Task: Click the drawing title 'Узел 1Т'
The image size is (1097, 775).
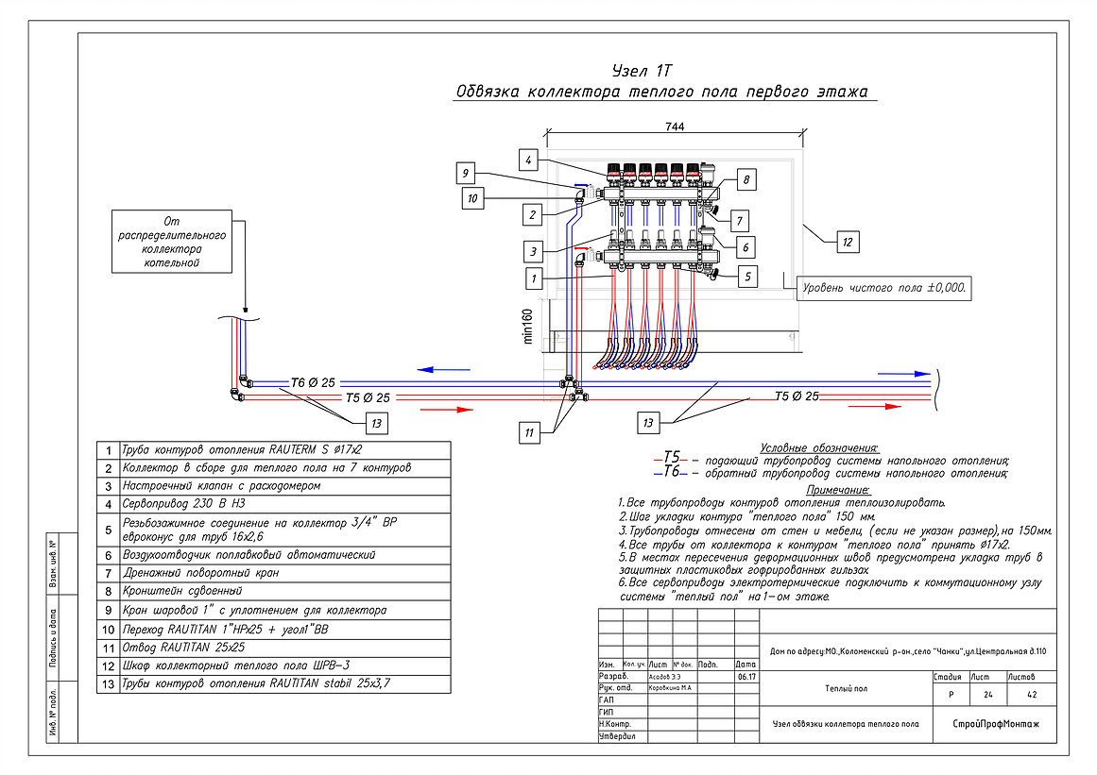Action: coord(642,71)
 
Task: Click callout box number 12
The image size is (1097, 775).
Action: coord(848,243)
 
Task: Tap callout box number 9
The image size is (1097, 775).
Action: coord(464,173)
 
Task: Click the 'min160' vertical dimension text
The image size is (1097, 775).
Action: coord(529,326)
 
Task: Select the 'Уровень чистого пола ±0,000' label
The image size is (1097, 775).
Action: coord(883,288)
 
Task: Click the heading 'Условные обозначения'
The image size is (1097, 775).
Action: coord(818,446)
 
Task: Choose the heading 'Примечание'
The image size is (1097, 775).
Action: coord(837,490)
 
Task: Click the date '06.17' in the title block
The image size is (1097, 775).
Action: coord(746,677)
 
